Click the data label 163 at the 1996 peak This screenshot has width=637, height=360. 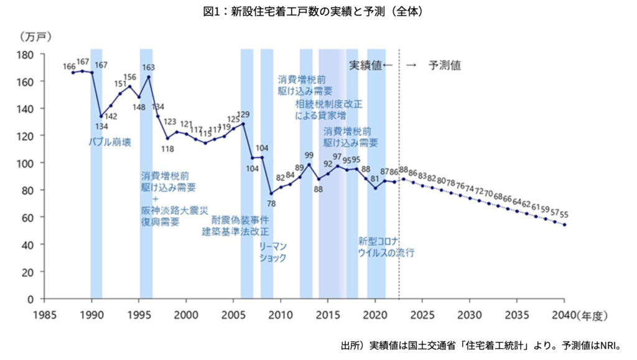click(x=149, y=67)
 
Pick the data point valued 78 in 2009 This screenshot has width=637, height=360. click(x=271, y=193)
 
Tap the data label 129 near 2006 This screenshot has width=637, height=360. click(x=244, y=115)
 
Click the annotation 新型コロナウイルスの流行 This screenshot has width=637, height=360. click(x=386, y=247)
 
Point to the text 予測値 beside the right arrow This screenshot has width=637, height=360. click(x=444, y=65)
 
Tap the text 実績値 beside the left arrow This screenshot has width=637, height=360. click(x=365, y=65)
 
